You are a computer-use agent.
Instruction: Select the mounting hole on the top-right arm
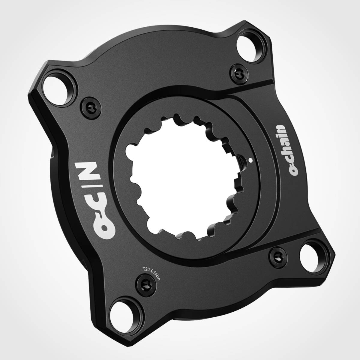click(250, 46)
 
